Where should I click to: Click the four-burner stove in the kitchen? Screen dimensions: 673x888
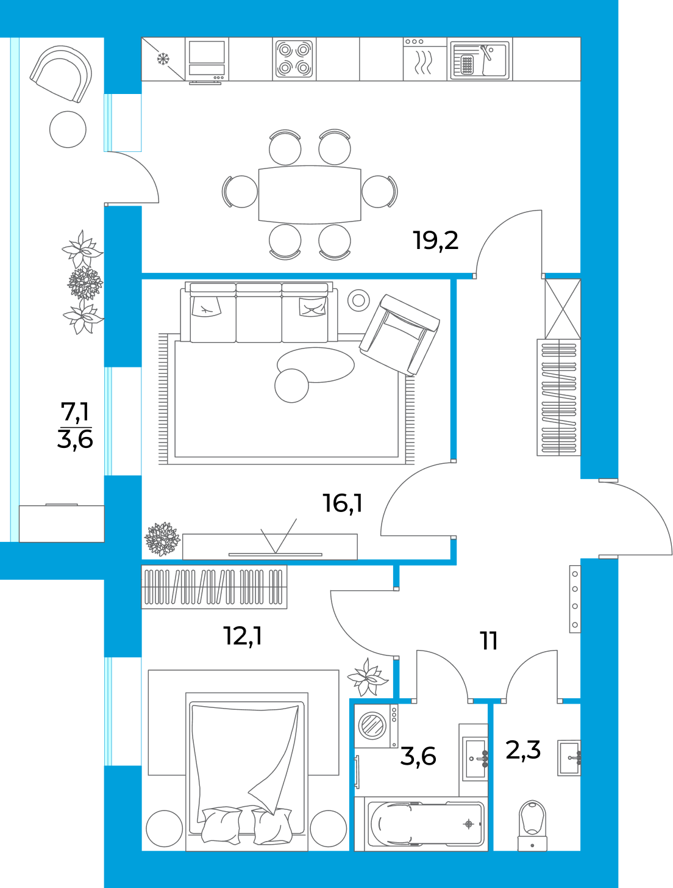[294, 59]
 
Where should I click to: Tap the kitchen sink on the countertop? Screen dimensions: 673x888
[480, 60]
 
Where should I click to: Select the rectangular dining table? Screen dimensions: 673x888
[310, 194]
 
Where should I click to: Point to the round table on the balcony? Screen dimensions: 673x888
[68, 129]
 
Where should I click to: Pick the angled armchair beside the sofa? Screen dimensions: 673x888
[399, 334]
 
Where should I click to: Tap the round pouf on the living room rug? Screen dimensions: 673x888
[291, 386]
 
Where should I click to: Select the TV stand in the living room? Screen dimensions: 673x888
[269, 546]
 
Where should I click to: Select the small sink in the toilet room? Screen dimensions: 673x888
[569, 758]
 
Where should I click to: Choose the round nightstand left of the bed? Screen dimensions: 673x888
[165, 828]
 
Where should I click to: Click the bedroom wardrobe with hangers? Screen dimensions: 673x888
[214, 587]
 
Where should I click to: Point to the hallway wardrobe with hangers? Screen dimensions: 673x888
[558, 397]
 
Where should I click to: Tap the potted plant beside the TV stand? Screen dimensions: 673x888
[162, 539]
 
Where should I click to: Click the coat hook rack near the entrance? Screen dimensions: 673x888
[574, 599]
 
